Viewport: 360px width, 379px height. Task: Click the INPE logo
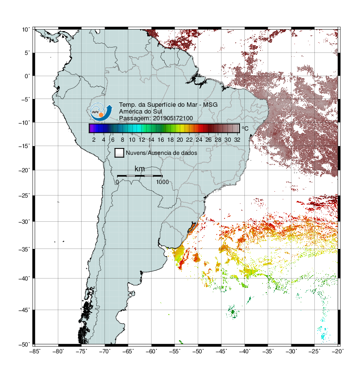tap(101, 112)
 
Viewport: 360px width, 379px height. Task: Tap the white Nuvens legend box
tap(120, 153)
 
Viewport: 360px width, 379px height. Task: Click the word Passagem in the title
tap(134, 118)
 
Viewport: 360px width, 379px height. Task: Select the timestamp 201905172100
tap(173, 118)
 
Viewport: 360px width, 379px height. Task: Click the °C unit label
tap(245, 128)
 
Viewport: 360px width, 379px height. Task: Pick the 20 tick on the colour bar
tap(180, 140)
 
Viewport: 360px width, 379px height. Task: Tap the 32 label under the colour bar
tap(237, 140)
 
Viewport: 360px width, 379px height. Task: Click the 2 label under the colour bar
tap(94, 140)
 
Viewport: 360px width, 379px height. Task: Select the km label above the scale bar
tap(139, 169)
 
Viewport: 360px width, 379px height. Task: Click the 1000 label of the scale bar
tap(162, 182)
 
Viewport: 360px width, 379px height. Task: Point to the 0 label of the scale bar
tap(117, 182)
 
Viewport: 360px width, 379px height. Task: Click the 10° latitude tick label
tap(26, 30)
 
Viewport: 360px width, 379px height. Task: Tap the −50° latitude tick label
tap(24, 344)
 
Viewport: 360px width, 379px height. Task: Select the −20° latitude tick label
tap(24, 170)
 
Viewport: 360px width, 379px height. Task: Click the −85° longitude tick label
tap(34, 351)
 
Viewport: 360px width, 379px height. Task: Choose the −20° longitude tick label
tap(338, 351)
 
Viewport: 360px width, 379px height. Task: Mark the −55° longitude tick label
tap(175, 351)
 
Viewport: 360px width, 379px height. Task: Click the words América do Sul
tap(140, 112)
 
